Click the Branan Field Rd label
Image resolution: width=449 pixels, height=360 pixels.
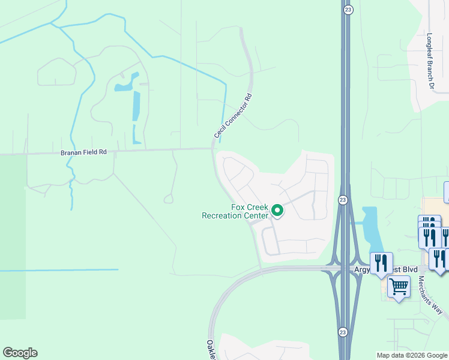(x=83, y=152)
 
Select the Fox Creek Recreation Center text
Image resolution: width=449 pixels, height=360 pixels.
(x=235, y=211)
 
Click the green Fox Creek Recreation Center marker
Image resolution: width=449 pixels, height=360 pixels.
(x=277, y=211)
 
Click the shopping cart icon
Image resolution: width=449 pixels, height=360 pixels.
(x=399, y=287)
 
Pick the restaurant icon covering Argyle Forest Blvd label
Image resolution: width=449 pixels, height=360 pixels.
(x=381, y=263)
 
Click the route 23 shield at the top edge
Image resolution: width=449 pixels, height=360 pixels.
(x=348, y=10)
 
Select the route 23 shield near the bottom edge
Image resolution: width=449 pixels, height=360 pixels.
(x=342, y=331)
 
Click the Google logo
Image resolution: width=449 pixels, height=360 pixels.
(x=20, y=353)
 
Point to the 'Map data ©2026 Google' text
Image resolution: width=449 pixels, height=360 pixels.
(x=412, y=355)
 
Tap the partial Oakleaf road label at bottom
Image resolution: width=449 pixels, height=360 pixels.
(x=211, y=350)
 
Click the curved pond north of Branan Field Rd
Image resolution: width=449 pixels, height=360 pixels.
(x=124, y=85)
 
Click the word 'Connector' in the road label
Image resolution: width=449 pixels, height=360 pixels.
(x=234, y=115)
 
